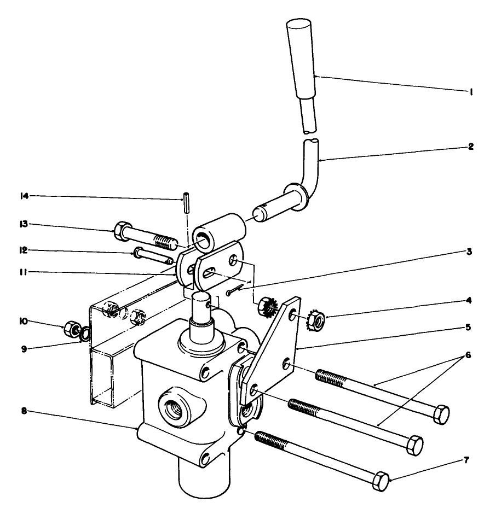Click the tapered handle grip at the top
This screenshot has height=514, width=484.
(x=300, y=55)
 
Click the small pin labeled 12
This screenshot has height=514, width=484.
(x=151, y=256)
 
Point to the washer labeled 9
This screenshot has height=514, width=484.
(x=85, y=333)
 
